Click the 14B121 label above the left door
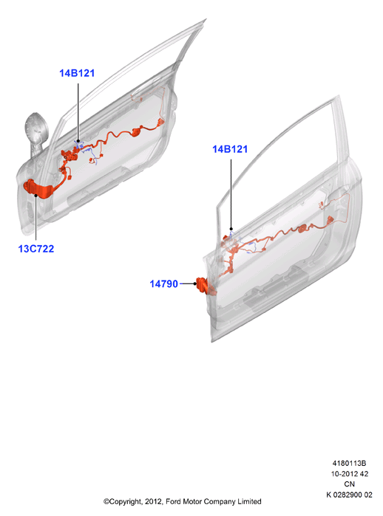pos(77,73)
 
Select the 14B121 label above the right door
pos(230,149)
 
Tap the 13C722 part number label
pos(36,249)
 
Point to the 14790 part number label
pos(164,283)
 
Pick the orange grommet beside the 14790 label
pos(202,285)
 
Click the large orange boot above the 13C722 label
pos(39,189)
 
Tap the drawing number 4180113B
pos(349,463)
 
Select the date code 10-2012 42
pos(350,473)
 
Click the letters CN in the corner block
pos(350,484)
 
